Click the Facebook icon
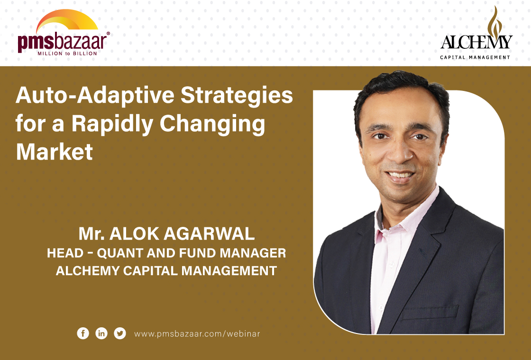pos(83,333)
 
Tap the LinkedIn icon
pos(101,333)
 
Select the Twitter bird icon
pos(120,333)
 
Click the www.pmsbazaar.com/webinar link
pos(197,334)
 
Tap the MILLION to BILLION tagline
pos(67,54)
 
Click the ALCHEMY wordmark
pos(476,42)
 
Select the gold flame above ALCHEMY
pos(495,21)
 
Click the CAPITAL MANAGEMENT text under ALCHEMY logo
pos(475,57)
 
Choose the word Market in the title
pos(54,152)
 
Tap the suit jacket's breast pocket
pos(430,312)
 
